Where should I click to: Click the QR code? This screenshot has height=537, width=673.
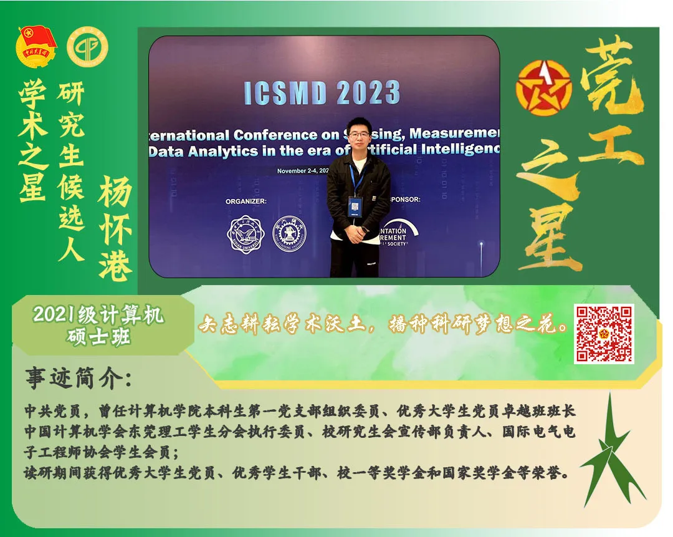coord(604,334)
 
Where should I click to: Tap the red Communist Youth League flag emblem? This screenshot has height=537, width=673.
coord(37,46)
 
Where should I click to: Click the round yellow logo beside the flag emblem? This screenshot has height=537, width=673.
coord(87,47)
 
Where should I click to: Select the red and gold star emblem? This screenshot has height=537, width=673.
coord(543,88)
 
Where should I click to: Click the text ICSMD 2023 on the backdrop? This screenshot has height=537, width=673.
coord(322,93)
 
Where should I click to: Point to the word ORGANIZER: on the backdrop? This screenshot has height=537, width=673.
coord(246,201)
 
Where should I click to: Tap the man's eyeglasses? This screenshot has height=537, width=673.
coord(357,133)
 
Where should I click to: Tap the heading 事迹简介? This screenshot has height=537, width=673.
coord(78,379)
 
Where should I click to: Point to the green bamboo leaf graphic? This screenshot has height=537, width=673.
coord(607,456)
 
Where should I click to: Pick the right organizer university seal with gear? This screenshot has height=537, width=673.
coord(290,233)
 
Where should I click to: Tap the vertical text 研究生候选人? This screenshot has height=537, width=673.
coord(71,172)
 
